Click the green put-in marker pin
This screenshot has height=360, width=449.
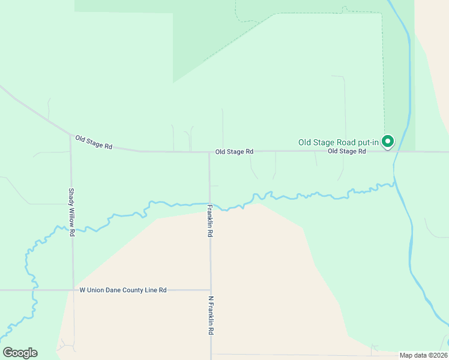pos(388,142)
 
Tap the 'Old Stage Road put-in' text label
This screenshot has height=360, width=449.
pos(339,142)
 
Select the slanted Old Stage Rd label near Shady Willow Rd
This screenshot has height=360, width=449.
pos(94,142)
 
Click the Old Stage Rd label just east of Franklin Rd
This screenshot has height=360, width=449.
pos(234,152)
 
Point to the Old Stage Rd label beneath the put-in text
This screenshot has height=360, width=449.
pos(346,151)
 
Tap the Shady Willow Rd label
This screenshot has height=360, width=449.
pos(71,212)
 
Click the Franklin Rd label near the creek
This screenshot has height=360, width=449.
pos(210,221)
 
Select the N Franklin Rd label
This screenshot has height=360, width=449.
pos(211,315)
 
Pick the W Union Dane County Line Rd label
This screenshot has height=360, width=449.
pos(123,290)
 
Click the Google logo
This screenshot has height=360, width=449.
pos(20,353)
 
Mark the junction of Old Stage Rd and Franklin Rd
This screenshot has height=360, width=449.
pos(209,152)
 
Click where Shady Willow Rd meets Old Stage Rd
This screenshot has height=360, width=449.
pos(70,135)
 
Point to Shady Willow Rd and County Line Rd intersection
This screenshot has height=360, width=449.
pos(73,290)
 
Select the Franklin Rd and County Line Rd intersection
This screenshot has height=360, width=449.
pos(211,290)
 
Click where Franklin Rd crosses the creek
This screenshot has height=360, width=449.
pos(209,203)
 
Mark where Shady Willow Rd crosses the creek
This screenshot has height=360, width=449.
pos(72,228)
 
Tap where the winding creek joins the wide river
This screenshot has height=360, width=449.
pos(394,182)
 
